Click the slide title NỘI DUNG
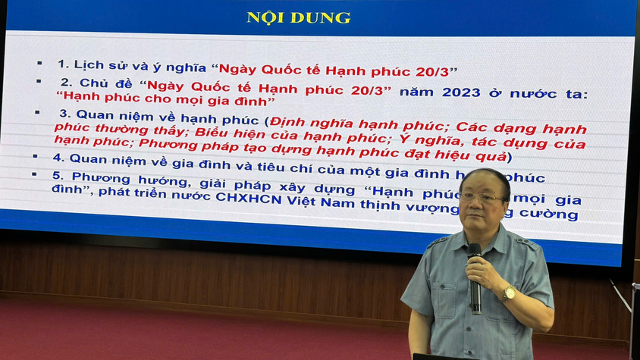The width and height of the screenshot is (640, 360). tap(298, 17)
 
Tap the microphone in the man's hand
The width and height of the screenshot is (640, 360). tap(475, 277)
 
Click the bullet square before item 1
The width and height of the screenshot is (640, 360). tap(39, 64)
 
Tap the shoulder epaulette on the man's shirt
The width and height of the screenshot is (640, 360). tap(440, 242)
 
